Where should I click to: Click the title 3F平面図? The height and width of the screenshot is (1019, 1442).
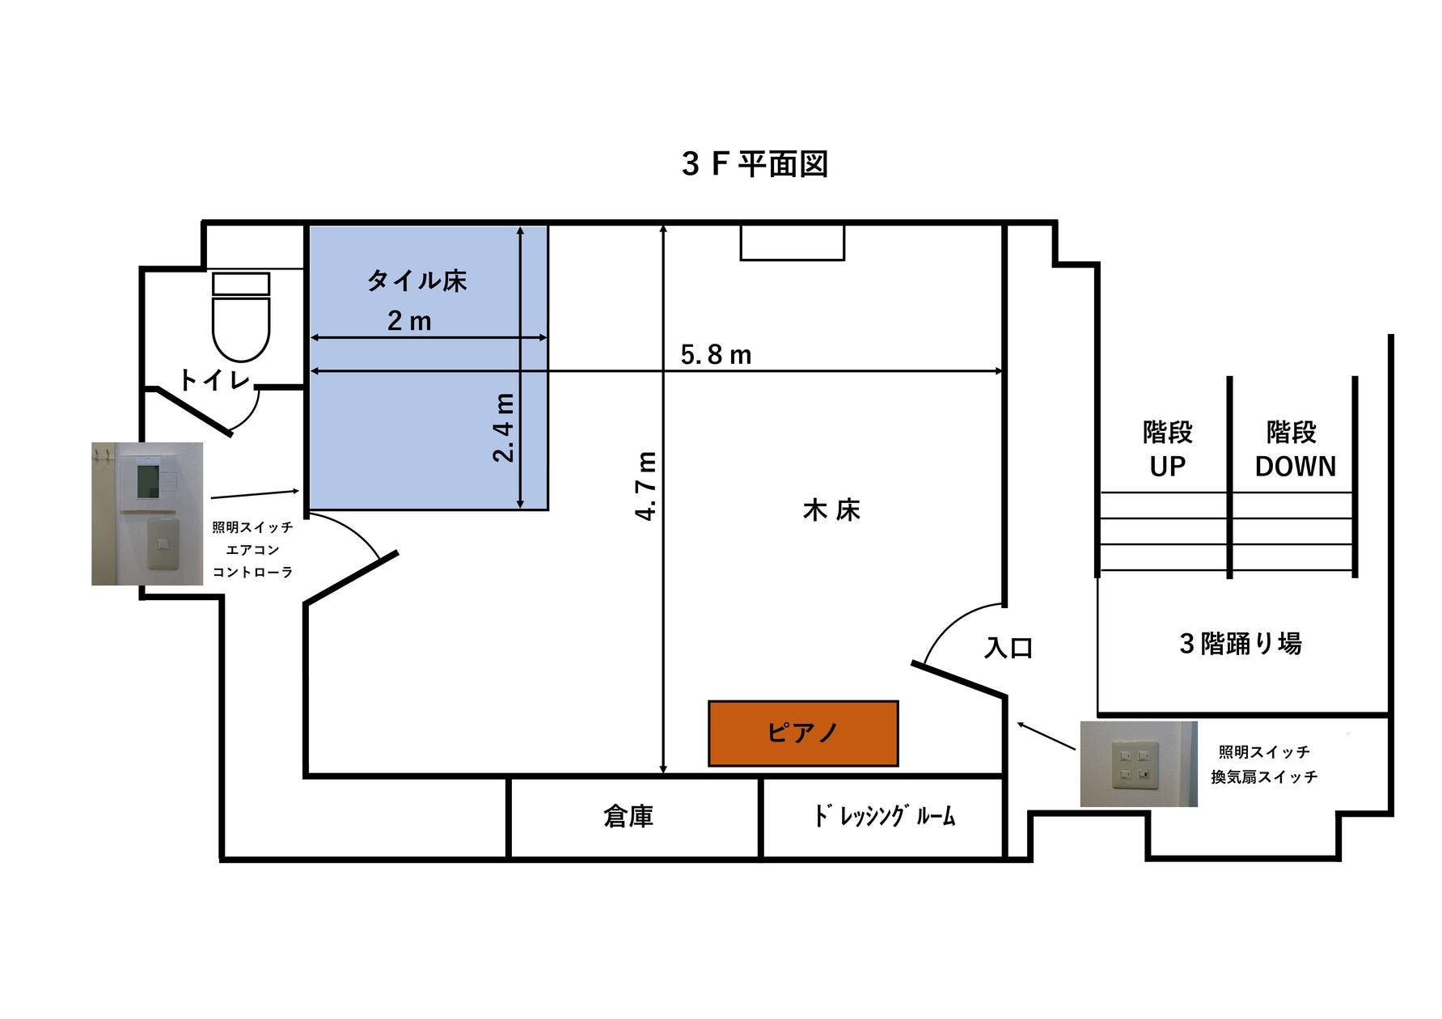click(x=755, y=164)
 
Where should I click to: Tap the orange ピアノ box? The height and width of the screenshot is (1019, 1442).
click(x=803, y=733)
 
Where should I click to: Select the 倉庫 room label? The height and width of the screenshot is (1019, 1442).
click(x=628, y=816)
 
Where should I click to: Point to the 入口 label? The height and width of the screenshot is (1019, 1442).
click(x=1009, y=648)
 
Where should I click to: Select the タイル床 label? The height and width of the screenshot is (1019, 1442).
click(x=417, y=281)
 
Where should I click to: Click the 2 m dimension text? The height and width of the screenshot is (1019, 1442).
click(x=409, y=321)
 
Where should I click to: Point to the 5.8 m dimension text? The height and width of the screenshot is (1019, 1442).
click(x=716, y=354)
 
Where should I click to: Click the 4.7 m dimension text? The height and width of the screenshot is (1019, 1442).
click(x=646, y=485)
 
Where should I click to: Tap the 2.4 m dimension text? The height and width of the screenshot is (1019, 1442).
click(x=504, y=427)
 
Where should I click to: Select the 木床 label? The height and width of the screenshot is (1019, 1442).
click(x=831, y=510)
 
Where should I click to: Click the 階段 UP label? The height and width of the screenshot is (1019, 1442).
click(x=1167, y=449)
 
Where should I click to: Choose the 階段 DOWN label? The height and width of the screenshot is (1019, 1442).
click(x=1294, y=449)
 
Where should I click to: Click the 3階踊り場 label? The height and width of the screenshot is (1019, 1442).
click(x=1240, y=644)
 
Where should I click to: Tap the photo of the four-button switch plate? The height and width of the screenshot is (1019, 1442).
click(x=1138, y=763)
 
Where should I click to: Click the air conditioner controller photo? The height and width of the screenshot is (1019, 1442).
click(x=147, y=513)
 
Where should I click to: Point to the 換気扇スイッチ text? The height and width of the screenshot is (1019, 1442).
click(x=1263, y=777)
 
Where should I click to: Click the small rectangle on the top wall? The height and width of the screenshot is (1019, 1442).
click(x=793, y=243)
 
